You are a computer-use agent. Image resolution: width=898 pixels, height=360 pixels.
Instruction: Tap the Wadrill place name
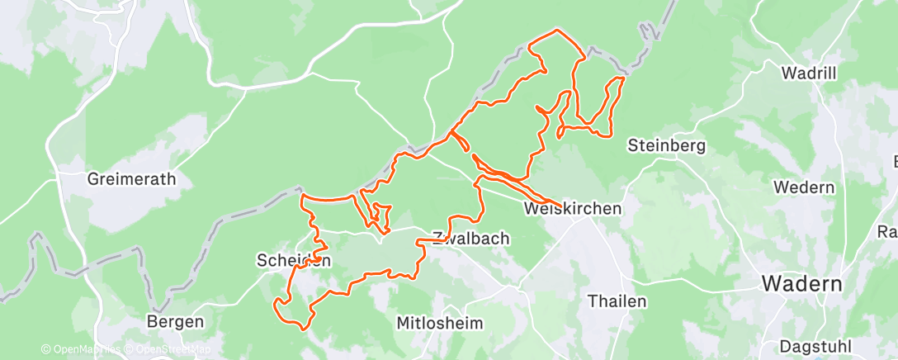[809, 73]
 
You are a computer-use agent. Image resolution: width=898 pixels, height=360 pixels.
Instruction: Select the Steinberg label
[666, 146]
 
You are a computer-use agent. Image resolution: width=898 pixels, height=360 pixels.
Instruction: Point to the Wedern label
[803, 187]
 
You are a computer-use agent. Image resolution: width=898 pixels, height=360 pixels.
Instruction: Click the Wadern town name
[801, 284]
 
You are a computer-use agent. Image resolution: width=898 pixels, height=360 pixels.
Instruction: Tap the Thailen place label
[617, 301]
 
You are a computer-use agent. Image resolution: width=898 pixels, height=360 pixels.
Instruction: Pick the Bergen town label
[175, 321]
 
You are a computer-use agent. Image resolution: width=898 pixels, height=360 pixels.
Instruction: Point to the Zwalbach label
[470, 238]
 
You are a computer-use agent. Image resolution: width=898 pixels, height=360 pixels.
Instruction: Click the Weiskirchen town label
[572, 209]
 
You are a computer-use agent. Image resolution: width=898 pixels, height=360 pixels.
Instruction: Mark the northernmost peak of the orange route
[556, 31]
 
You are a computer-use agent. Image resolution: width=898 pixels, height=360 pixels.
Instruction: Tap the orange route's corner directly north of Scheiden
[303, 197]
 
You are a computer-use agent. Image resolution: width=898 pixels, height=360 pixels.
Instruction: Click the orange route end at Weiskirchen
[561, 206]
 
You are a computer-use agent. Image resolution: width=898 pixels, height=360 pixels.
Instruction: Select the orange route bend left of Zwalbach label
[418, 241]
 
